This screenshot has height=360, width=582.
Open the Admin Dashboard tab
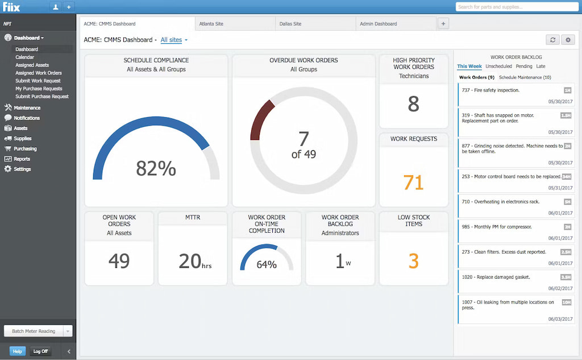coord(378,24)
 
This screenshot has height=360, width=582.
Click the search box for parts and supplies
coord(517,7)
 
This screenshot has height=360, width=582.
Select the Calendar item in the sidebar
coord(24,57)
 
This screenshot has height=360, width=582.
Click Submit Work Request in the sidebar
coord(38,81)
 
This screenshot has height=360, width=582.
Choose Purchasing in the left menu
coord(25,149)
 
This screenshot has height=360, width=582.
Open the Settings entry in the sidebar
coord(22,169)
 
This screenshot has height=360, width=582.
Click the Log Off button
coord(40,351)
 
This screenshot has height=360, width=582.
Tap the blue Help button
coord(18,351)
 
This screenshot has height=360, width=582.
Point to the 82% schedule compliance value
coord(156,168)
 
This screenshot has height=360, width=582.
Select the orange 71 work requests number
coord(414,183)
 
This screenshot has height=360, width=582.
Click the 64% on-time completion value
coord(267,264)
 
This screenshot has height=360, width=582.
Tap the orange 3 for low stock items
coord(414,260)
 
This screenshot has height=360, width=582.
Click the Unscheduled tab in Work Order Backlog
coord(498,67)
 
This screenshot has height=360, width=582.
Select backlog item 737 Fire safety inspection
coord(490,90)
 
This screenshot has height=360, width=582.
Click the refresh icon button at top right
coord(552,40)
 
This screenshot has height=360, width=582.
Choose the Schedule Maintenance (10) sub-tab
coord(525,77)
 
